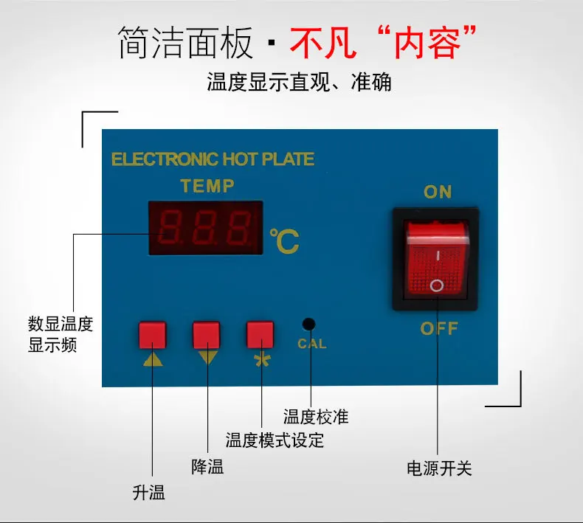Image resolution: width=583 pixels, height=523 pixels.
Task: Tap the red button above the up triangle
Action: pyautogui.click(x=152, y=335)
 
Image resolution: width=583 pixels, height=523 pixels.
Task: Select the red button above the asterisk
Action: pyautogui.click(x=261, y=334)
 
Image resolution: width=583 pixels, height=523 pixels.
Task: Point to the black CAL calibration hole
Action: pyautogui.click(x=309, y=324)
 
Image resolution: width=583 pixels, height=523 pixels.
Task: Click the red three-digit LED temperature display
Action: pyautogui.click(x=206, y=226)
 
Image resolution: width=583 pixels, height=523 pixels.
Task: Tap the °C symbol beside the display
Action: pyautogui.click(x=283, y=241)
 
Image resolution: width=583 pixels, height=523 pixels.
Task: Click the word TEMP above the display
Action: pyautogui.click(x=207, y=185)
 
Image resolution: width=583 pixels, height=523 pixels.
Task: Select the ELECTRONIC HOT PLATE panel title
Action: pyautogui.click(x=213, y=159)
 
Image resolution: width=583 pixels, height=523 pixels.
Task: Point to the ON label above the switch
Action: pyautogui.click(x=438, y=192)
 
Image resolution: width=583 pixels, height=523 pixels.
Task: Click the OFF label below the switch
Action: pyautogui.click(x=439, y=328)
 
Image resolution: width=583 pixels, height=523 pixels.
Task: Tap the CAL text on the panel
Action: pyautogui.click(x=311, y=344)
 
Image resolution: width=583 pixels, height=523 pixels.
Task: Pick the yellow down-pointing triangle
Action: pyautogui.click(x=207, y=358)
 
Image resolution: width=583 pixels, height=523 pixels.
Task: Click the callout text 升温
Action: pyautogui.click(x=148, y=493)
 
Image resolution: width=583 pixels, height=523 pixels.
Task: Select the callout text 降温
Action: pyautogui.click(x=207, y=466)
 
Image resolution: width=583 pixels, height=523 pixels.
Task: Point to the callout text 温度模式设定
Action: pyautogui.click(x=275, y=441)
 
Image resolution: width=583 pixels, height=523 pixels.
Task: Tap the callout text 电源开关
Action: pyautogui.click(x=439, y=468)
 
